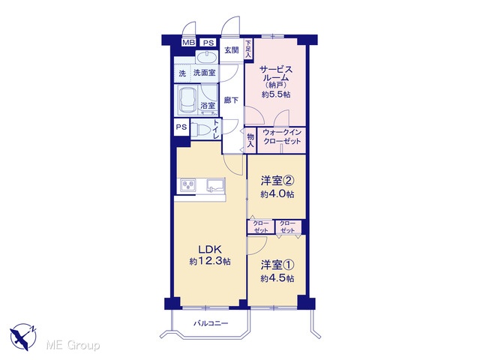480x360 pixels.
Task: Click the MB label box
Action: pyautogui.click(x=188, y=43)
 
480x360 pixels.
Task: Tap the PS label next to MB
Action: pyautogui.click(x=208, y=43)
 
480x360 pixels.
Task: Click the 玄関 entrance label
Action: pyautogui.click(x=232, y=50)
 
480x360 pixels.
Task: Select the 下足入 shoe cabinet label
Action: pyautogui.click(x=248, y=49)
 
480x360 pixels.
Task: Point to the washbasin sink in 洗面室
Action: pyautogui.click(x=207, y=58)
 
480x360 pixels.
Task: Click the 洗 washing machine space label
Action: pyautogui.click(x=182, y=73)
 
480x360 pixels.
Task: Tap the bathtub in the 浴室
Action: pyautogui.click(x=187, y=100)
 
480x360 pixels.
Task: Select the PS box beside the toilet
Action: pyautogui.click(x=181, y=127)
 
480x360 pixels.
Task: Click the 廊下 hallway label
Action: pyautogui.click(x=231, y=100)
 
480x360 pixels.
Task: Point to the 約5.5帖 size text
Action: pyautogui.click(x=276, y=94)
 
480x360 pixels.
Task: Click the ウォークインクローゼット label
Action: pyautogui.click(x=282, y=136)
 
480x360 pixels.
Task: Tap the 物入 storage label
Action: pyautogui.click(x=250, y=140)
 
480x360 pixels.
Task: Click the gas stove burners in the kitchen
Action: pyautogui.click(x=187, y=185)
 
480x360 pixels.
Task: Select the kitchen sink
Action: pyautogui.click(x=215, y=185)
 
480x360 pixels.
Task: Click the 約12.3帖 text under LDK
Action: pyautogui.click(x=210, y=262)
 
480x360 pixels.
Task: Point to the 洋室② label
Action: pyautogui.click(x=277, y=181)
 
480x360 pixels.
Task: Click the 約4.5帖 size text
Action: pyautogui.click(x=277, y=278)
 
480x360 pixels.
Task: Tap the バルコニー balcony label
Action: pyautogui.click(x=211, y=323)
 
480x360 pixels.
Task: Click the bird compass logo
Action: pyautogui.click(x=23, y=337)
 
